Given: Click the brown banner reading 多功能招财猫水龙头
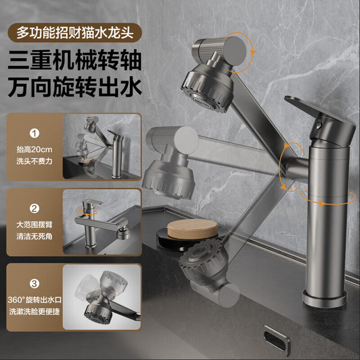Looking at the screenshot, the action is (x=75, y=33).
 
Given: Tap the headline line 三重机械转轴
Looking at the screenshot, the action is (x=75, y=60).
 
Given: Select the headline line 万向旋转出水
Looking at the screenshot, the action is (x=75, y=87).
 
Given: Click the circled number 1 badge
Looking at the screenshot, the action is (x=34, y=133).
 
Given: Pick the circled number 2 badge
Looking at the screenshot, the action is (x=34, y=209).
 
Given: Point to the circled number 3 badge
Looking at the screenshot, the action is (x=34, y=283).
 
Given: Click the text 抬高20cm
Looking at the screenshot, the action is (x=34, y=150).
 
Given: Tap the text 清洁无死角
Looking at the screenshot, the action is (x=34, y=236).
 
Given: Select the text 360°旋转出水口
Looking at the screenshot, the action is (x=34, y=300).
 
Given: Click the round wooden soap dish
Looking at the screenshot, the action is (x=192, y=229).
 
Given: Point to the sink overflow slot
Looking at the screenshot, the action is (x=276, y=337).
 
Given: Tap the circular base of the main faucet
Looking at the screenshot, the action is (x=325, y=298).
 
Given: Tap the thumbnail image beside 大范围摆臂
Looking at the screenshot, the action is (x=102, y=222).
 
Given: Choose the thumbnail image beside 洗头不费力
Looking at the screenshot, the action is (x=102, y=146).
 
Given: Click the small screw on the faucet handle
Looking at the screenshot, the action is (x=319, y=125).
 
